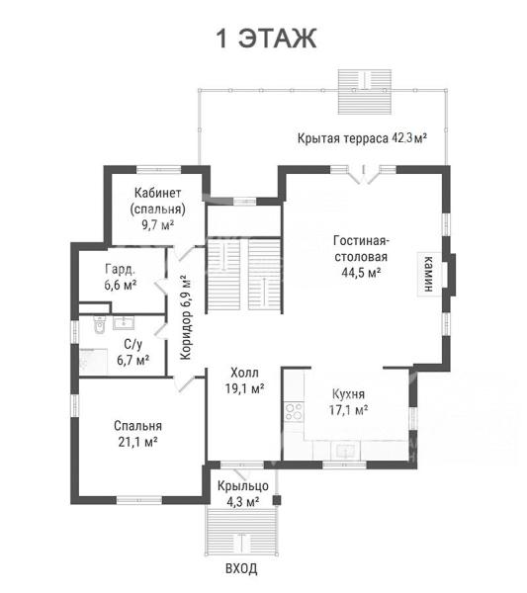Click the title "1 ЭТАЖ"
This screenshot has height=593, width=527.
(x=266, y=39)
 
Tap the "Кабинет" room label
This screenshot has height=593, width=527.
(x=158, y=193)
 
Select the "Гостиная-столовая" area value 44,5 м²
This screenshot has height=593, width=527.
(x=361, y=272)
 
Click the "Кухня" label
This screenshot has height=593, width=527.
(x=348, y=394)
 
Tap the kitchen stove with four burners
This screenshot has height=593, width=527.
(x=294, y=411)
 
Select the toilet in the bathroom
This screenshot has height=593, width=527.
(x=100, y=325)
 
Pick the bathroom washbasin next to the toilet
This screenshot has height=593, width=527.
(x=123, y=323)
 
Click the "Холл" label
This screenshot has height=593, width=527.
(x=244, y=373)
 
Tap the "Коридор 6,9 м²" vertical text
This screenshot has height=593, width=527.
(x=186, y=317)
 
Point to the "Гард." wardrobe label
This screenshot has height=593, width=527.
(x=120, y=269)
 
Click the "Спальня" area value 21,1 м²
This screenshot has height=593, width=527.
(x=137, y=442)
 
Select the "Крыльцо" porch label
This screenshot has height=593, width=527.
(x=243, y=486)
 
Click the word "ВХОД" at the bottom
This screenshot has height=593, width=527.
(x=241, y=568)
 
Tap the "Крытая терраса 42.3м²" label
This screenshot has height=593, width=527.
(x=363, y=138)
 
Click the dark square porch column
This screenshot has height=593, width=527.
(x=277, y=500)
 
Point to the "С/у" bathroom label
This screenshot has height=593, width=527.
(x=133, y=344)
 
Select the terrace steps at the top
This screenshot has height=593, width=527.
(x=364, y=92)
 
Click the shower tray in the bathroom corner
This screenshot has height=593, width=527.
(x=93, y=362)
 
